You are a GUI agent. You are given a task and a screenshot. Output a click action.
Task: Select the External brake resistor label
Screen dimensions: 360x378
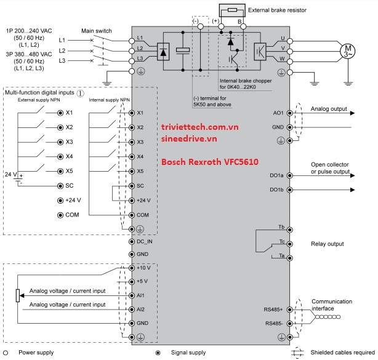click(x=277, y=10)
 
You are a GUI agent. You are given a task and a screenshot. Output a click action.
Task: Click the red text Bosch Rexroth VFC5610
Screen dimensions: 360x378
click(x=209, y=163)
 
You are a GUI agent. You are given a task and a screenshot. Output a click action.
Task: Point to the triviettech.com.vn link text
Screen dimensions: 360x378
click(x=199, y=126)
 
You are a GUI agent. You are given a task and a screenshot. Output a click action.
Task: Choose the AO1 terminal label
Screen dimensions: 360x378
click(x=277, y=113)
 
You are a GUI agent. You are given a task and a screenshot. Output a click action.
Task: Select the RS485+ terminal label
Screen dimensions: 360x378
click(x=273, y=308)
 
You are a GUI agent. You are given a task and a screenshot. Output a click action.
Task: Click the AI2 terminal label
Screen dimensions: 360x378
click(x=140, y=309)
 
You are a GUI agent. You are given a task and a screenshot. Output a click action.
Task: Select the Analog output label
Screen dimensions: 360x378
click(x=329, y=108)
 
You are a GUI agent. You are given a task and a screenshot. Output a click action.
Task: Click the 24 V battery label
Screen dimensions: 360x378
click(x=11, y=175)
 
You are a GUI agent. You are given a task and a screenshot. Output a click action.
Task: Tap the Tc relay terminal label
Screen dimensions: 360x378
click(x=281, y=241)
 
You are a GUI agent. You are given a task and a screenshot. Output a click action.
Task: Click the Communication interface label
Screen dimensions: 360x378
click(x=331, y=305)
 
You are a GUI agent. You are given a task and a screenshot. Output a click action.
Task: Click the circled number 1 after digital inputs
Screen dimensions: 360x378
click(x=81, y=92)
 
